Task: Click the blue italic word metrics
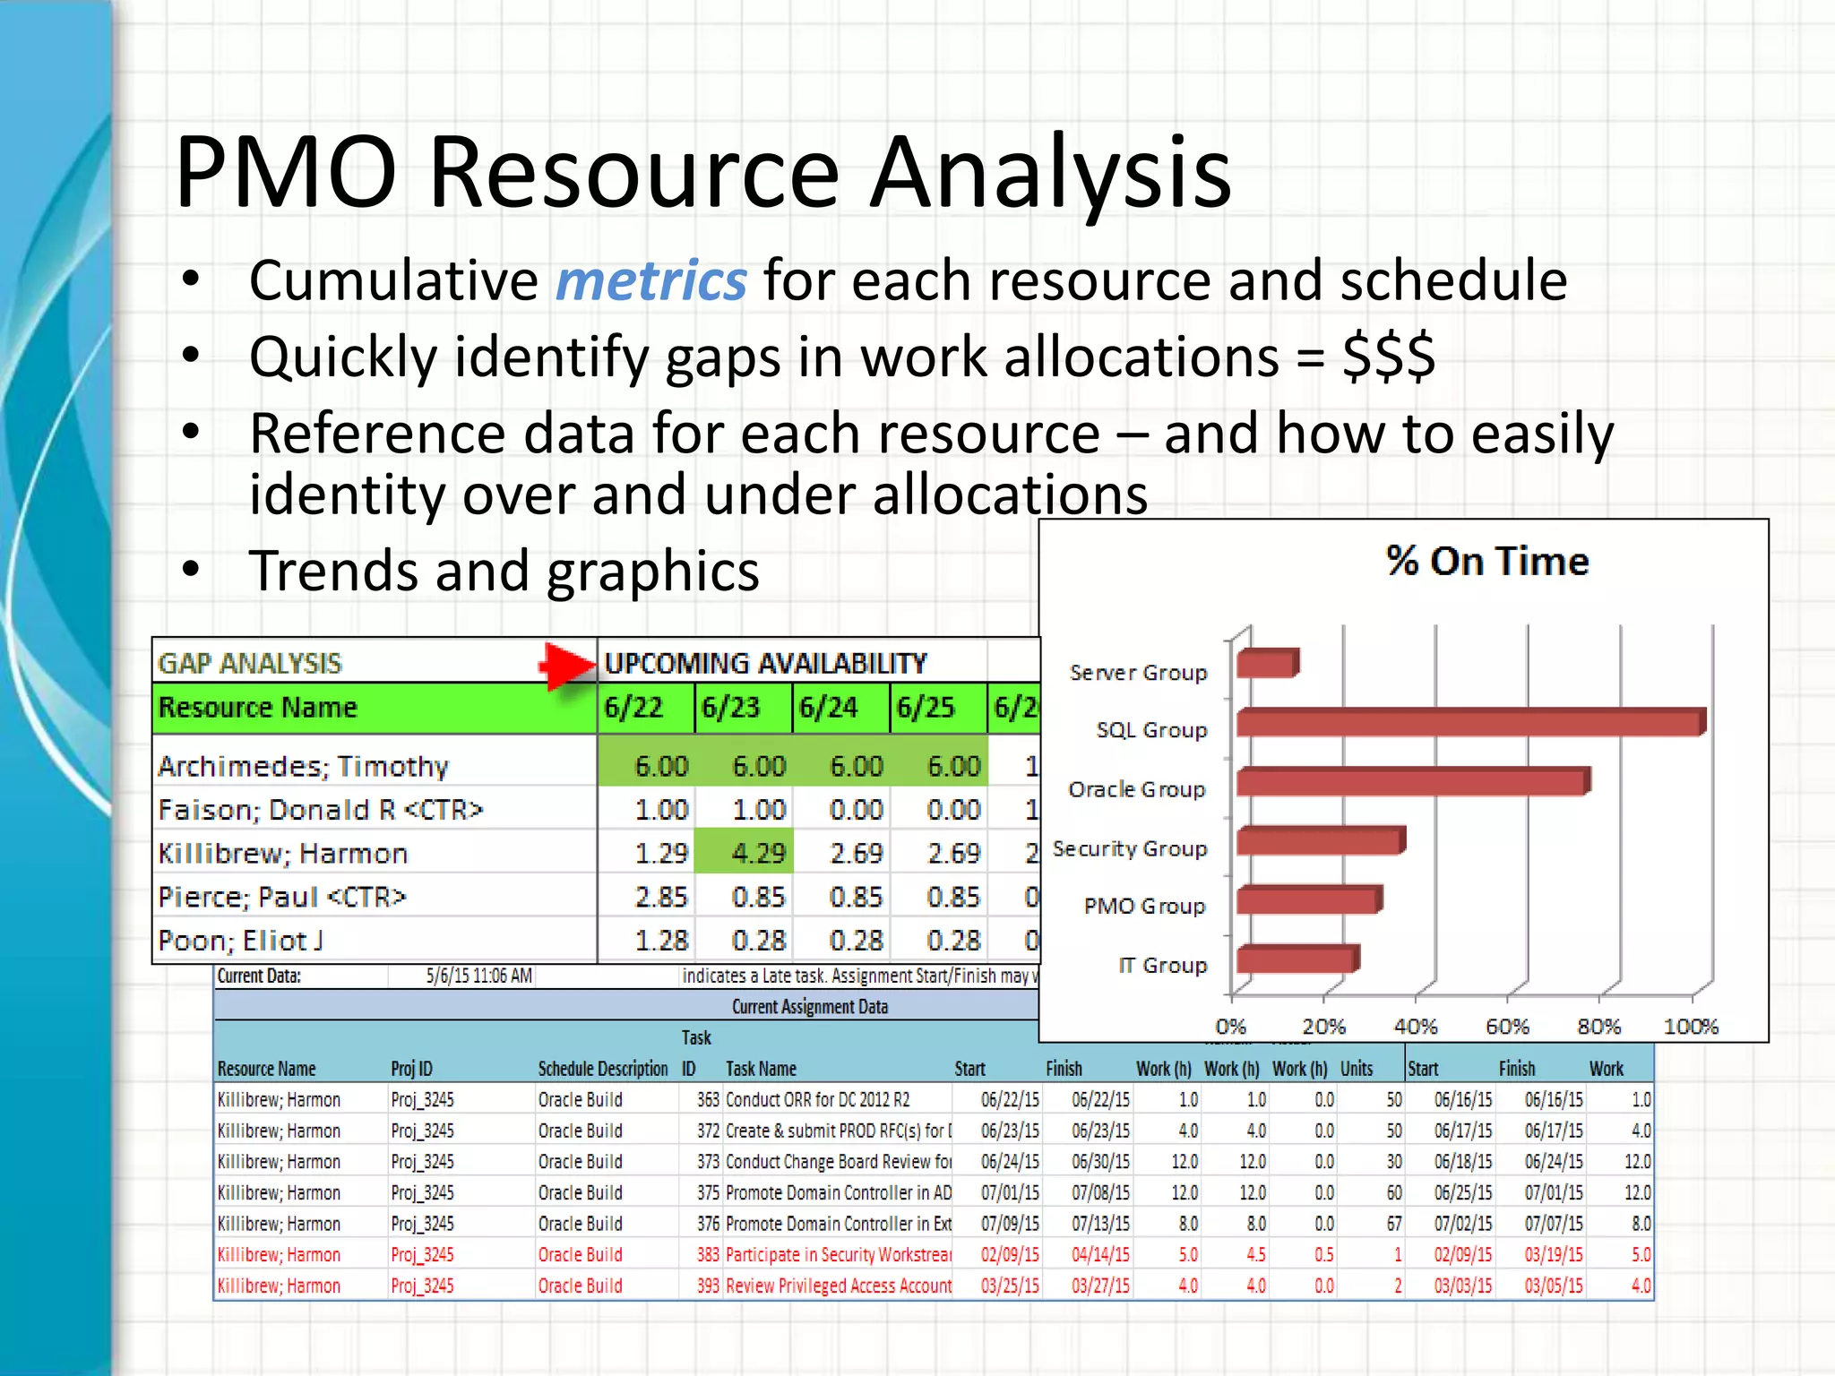pos(650,280)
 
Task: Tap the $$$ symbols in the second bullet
pos(1388,357)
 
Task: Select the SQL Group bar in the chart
pos(1469,722)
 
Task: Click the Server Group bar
pos(1267,664)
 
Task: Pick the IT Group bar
pos(1297,959)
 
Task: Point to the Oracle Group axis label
pos(1136,789)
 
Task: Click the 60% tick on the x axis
pos(1507,1027)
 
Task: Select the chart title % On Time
pos(1486,562)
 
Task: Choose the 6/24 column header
pos(828,708)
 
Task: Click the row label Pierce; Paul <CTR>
pos(281,897)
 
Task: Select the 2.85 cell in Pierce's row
pos(660,897)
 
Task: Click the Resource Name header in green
pos(258,708)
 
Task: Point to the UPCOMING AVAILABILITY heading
pos(765,663)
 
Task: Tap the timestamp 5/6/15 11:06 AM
pos(478,976)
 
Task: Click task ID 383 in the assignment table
pos(708,1255)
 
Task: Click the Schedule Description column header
pos(602,1069)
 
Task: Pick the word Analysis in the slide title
pos(1050,172)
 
